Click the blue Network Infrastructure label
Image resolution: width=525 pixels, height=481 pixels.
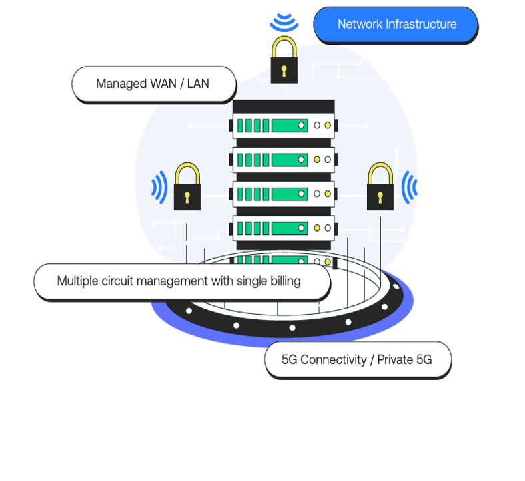point(396,25)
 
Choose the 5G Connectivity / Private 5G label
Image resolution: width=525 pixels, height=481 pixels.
point(358,360)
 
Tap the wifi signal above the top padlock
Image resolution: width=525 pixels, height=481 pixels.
point(284,23)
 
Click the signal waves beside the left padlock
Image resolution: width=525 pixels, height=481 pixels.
point(160,187)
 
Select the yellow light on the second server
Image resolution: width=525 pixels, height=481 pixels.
point(327,160)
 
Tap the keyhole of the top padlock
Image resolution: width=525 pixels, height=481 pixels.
point(284,70)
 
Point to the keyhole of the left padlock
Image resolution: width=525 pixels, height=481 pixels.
point(187,197)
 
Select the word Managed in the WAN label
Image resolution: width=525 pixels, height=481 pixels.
point(121,84)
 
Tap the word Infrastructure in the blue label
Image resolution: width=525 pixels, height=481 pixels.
point(421,25)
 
